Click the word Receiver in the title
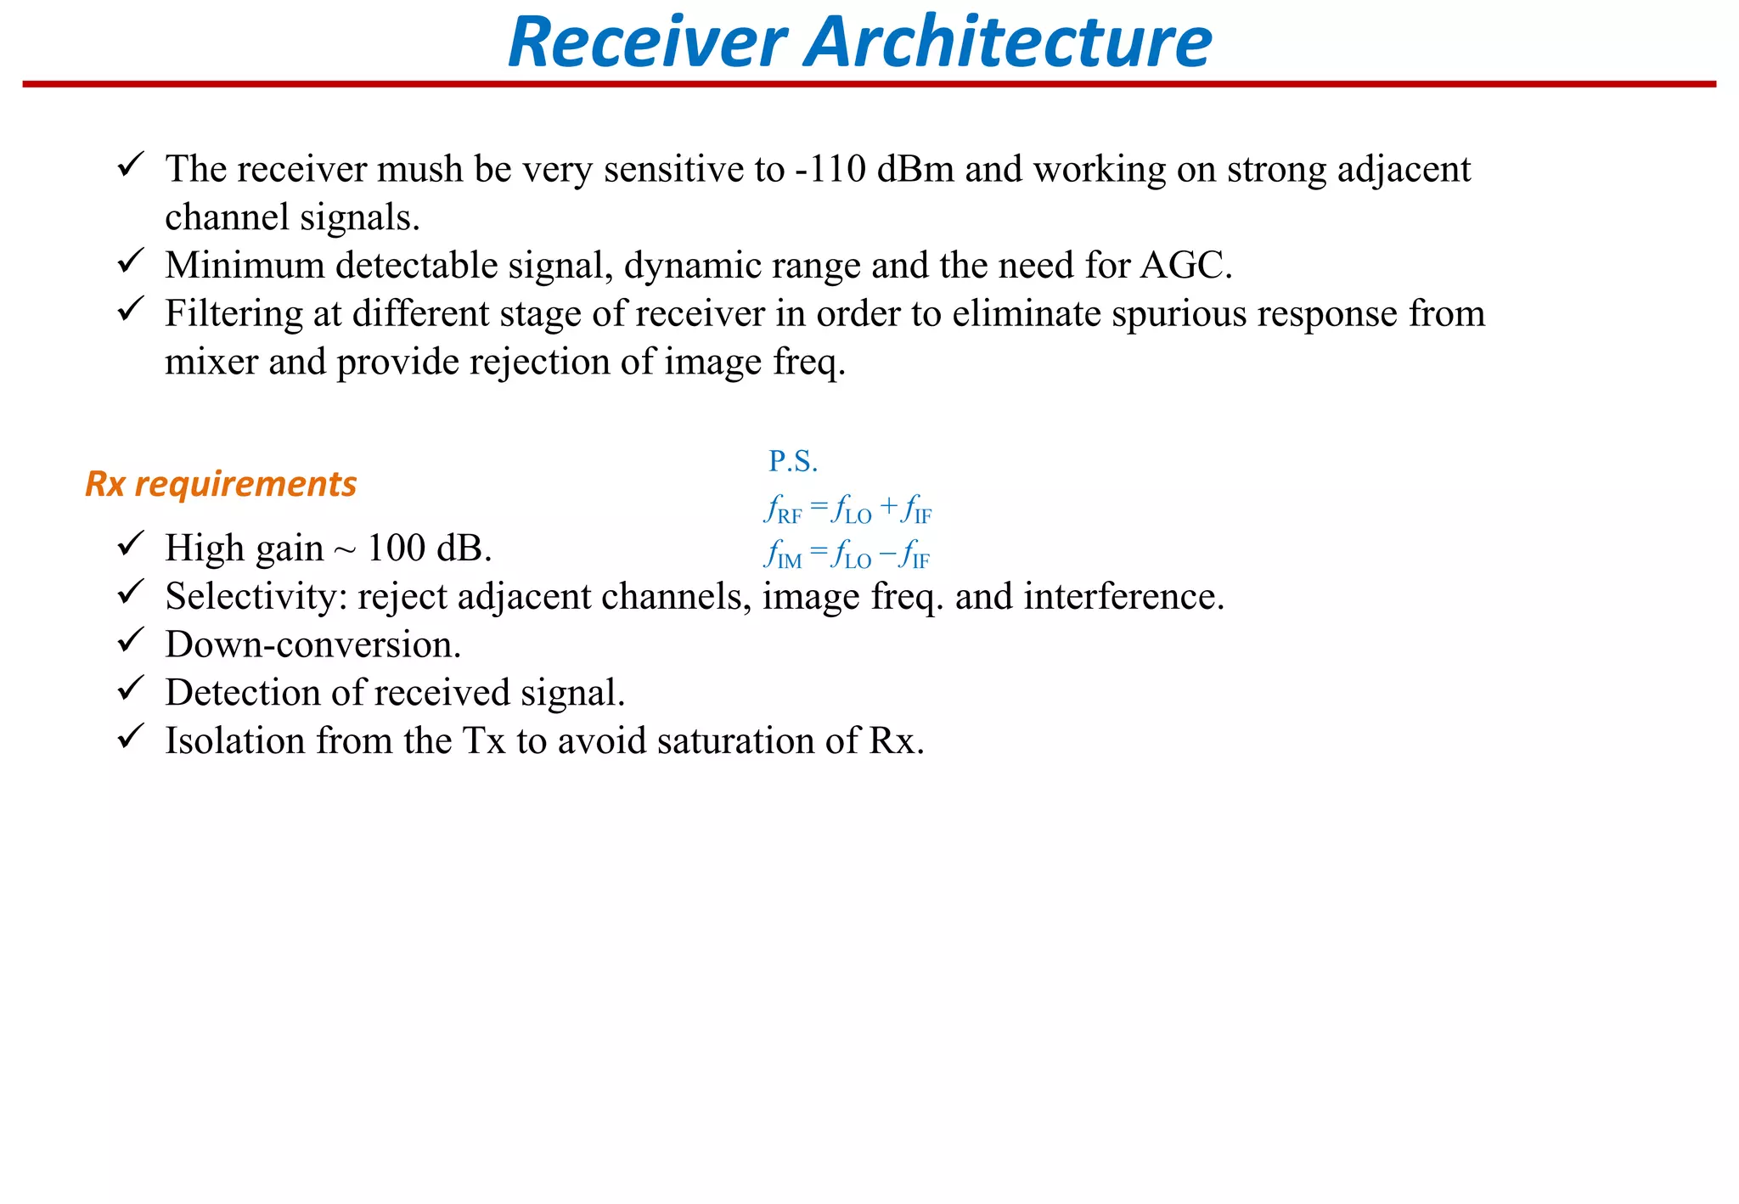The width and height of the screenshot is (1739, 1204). (x=647, y=42)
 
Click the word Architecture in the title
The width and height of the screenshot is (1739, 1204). (x=1008, y=42)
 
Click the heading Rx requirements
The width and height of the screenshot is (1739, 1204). (x=221, y=484)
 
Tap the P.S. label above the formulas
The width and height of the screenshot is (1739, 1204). (x=793, y=461)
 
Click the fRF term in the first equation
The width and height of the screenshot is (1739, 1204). (x=782, y=511)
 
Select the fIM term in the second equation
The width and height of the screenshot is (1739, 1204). (x=782, y=556)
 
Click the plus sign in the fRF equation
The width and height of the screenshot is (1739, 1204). (x=888, y=508)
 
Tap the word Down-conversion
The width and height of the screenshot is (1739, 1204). (x=312, y=644)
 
